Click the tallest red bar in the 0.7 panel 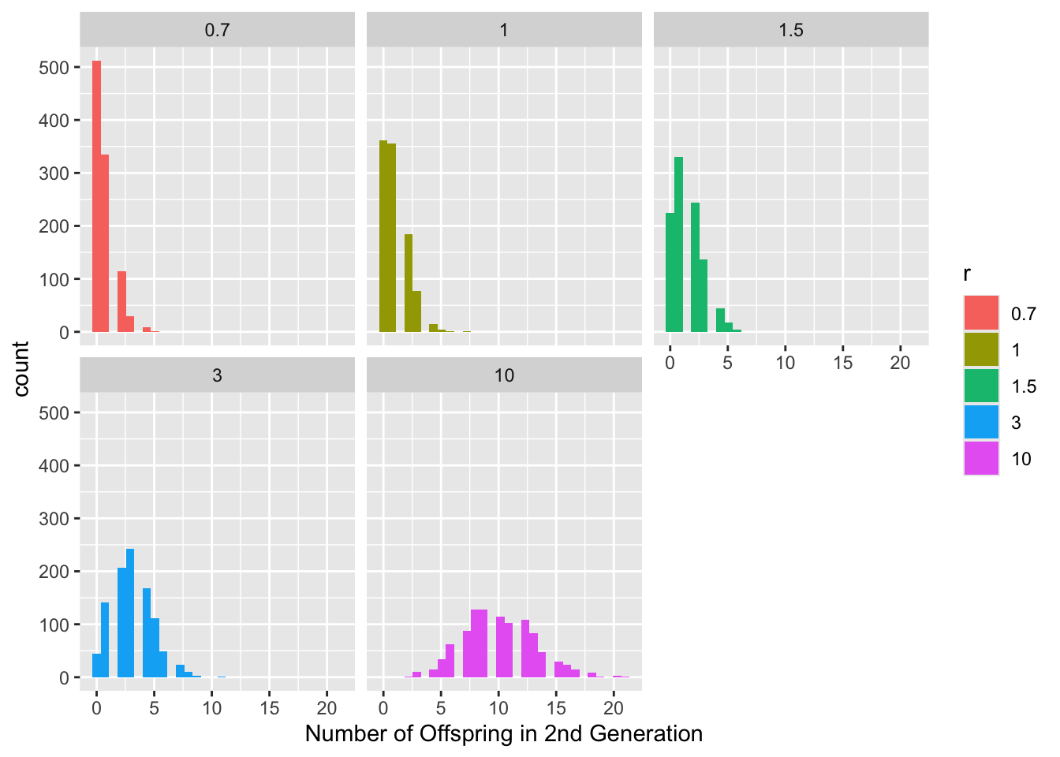(x=96, y=197)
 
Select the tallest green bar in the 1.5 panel (x=678, y=244)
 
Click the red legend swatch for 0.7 (x=981, y=313)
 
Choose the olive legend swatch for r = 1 (x=981, y=349)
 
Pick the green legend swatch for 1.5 (x=981, y=386)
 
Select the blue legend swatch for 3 (x=981, y=422)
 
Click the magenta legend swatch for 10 (x=981, y=458)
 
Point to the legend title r (x=967, y=274)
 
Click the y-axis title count (x=21, y=368)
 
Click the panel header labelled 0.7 (x=217, y=30)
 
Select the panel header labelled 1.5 (x=790, y=30)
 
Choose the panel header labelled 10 (x=504, y=375)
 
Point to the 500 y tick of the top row (x=54, y=67)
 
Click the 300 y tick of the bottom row (x=54, y=519)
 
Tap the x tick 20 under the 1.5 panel (x=900, y=363)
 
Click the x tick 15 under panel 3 (x=270, y=708)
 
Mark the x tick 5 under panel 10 (x=441, y=708)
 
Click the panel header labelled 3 (x=217, y=375)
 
